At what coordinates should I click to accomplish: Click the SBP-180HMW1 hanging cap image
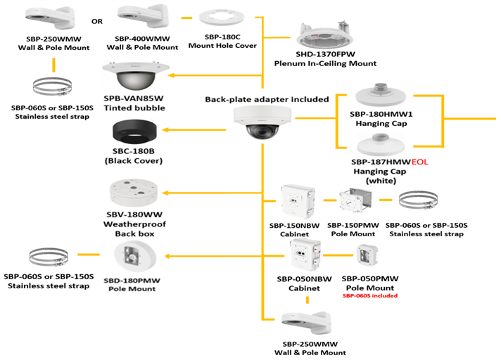click(381, 95)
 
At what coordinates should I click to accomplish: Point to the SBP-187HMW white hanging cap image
click(381, 146)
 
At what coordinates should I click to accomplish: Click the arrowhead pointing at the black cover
click(165, 130)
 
